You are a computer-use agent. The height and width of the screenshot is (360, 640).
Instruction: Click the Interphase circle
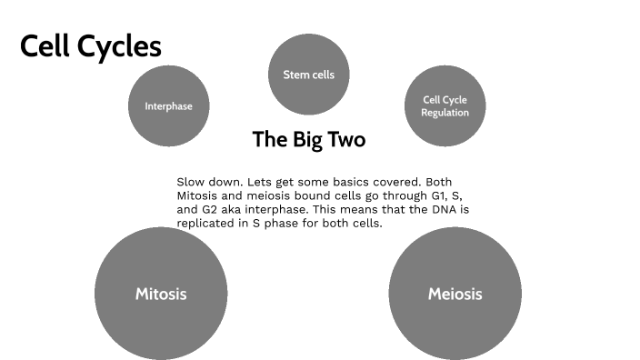(x=168, y=106)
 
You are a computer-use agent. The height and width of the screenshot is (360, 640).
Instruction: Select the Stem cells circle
(x=309, y=75)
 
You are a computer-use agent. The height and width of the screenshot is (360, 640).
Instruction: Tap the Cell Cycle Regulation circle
(x=445, y=106)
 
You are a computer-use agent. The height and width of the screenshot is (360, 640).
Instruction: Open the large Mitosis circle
(x=161, y=294)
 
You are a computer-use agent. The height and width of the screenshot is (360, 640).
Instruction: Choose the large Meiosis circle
(x=455, y=294)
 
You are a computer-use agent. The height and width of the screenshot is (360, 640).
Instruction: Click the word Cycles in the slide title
(x=120, y=46)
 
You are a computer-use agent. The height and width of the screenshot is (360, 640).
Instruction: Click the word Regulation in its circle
(x=445, y=113)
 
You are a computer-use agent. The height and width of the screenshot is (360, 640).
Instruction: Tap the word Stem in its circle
(x=295, y=75)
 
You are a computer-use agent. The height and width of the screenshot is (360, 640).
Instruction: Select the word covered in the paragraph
(x=401, y=182)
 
